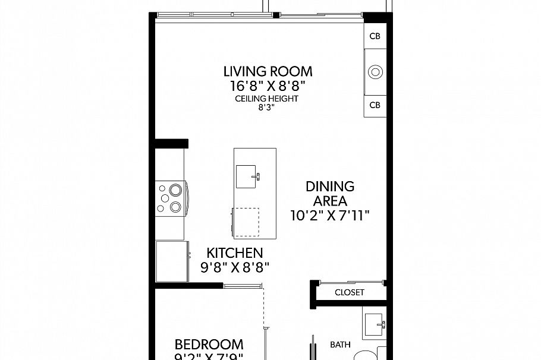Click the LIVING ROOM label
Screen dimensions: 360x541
point(268,71)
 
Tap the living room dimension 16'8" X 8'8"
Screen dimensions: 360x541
point(268,86)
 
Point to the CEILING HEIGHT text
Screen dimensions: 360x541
point(266,99)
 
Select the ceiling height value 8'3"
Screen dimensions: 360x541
point(266,108)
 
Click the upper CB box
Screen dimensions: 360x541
point(375,36)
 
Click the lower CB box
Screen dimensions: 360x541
point(375,105)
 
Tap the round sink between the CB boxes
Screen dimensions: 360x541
point(375,72)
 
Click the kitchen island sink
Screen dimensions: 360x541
point(247,176)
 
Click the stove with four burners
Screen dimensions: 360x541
point(171,198)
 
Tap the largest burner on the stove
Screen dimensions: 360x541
point(175,190)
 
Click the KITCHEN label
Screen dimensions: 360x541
point(234,253)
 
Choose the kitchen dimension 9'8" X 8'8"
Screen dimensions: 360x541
point(234,267)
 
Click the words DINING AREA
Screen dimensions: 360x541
point(330,194)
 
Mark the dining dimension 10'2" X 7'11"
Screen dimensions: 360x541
point(330,216)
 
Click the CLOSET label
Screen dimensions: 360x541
point(349,292)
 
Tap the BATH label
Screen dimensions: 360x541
point(340,344)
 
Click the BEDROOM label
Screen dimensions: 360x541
point(209,345)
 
